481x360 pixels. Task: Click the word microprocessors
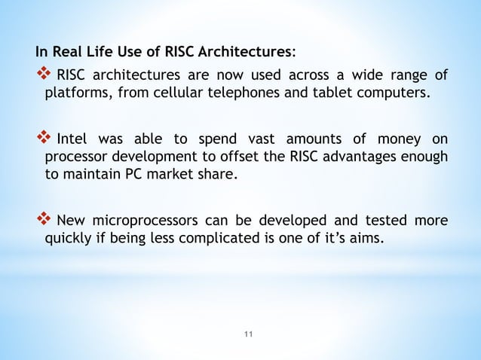[146, 221]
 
